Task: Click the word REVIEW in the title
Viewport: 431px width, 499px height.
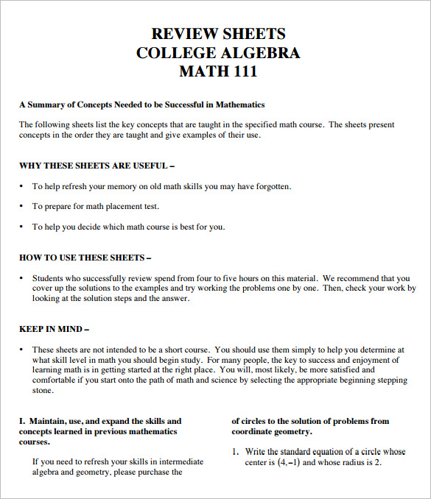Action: point(183,34)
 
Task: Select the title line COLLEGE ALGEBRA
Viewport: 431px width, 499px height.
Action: point(218,53)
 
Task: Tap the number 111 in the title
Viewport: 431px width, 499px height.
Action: point(242,72)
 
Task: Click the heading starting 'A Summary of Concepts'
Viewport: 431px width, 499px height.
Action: point(141,105)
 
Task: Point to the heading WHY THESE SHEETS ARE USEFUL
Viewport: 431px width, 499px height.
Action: point(97,166)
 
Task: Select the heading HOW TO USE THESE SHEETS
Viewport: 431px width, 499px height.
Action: point(85,258)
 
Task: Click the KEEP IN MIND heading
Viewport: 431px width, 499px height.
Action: point(55,329)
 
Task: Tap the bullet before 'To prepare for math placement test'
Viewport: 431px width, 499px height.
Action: point(21,207)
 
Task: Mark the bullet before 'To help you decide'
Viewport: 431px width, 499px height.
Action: point(21,227)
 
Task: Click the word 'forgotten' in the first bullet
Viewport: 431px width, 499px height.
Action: point(271,187)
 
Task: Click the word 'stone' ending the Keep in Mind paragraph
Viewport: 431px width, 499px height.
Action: point(43,390)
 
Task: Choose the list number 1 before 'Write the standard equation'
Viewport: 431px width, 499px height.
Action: point(236,452)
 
